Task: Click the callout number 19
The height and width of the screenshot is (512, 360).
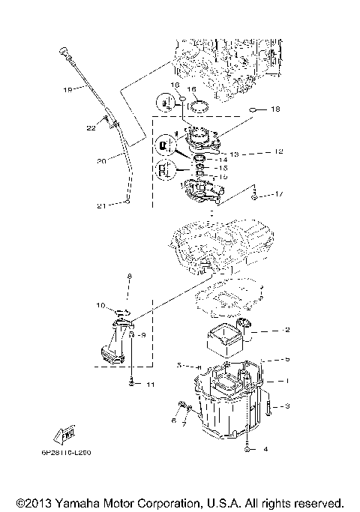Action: point(67,90)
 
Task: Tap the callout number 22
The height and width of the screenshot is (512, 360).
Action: point(91,128)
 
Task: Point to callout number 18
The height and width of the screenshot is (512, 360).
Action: point(275,109)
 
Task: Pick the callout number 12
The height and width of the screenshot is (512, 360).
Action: point(277,152)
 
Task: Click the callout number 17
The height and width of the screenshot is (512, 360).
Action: point(279,195)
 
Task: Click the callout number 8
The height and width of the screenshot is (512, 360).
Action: point(129,277)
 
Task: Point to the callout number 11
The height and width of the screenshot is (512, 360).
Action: point(149,385)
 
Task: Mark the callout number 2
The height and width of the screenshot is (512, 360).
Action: point(286,330)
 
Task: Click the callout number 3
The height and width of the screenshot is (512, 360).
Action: point(286,407)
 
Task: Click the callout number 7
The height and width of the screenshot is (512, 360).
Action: point(183,434)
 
